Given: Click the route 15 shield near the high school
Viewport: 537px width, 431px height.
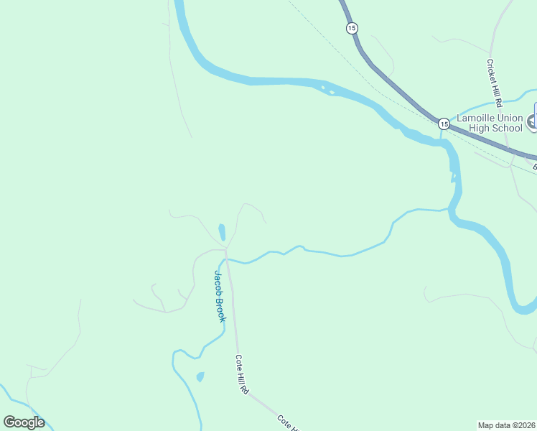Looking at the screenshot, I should click(444, 124).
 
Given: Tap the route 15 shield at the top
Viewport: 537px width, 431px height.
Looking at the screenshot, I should click(351, 28).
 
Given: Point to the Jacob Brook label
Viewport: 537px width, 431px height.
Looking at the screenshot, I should click(219, 296).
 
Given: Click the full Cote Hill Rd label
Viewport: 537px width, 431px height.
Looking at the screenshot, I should click(242, 374).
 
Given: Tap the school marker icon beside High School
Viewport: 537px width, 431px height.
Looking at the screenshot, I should click(532, 122).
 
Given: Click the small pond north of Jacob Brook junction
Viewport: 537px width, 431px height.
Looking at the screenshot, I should click(222, 232).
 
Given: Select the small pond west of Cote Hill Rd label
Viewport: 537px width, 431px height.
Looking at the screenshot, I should click(200, 376).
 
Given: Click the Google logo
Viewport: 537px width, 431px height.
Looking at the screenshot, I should click(24, 422).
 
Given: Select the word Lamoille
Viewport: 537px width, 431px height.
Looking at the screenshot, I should click(476, 118).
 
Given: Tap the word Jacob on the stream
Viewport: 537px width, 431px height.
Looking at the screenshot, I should click(218, 282).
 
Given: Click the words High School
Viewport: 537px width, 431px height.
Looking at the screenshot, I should click(495, 129).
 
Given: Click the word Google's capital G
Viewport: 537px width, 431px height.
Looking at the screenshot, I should click(10, 422).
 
